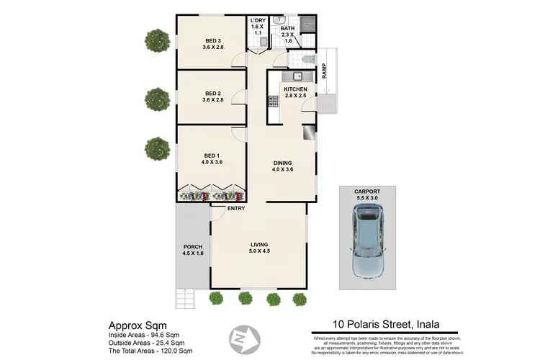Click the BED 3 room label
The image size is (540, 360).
point(212,40)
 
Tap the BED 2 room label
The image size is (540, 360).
point(212,93)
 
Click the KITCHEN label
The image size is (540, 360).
point(295,89)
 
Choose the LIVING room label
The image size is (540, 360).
point(259,243)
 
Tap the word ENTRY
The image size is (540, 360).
point(235,209)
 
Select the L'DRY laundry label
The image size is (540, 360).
point(258,20)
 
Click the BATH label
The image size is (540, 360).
point(287,30)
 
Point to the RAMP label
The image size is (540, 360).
point(325,71)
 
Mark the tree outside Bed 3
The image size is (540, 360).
point(156,40)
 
